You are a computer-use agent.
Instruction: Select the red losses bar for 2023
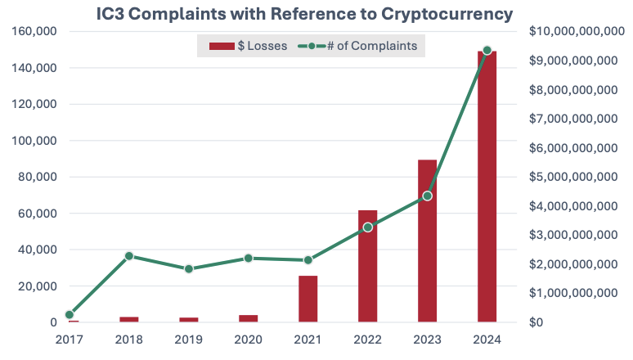click(427, 241)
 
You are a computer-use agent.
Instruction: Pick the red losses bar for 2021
click(308, 299)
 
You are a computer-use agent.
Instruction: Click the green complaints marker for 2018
click(128, 256)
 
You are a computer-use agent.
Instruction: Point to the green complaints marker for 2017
click(70, 314)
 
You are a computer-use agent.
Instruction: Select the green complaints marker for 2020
click(248, 259)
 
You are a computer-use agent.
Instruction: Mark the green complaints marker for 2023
click(427, 196)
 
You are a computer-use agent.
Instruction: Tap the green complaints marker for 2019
click(188, 268)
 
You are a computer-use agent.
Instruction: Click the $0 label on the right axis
click(537, 322)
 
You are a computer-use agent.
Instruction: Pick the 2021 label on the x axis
click(308, 338)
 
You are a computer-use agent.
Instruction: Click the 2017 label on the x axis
click(69, 338)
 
